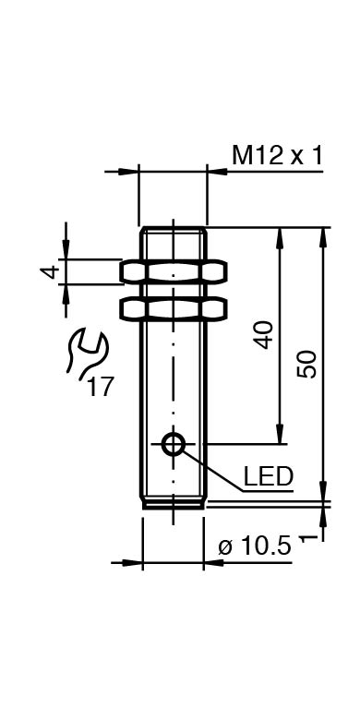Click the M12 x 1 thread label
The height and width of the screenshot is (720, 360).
tap(277, 155)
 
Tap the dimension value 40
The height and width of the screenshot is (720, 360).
tap(265, 335)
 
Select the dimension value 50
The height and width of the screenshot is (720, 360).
tap(306, 364)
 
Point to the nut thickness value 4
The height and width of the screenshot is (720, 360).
tap(51, 271)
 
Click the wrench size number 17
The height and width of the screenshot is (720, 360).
tap(100, 387)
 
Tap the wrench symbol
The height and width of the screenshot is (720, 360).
tap(87, 353)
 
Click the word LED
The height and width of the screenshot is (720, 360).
tap(269, 476)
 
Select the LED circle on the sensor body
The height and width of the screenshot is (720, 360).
tap(174, 444)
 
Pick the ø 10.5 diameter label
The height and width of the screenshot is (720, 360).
tap(255, 546)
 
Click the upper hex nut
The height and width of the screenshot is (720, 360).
tap(174, 270)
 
